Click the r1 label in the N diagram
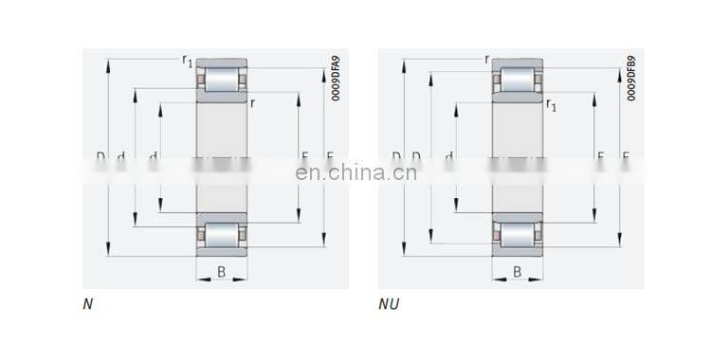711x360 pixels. click(x=187, y=62)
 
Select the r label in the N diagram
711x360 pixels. click(x=253, y=104)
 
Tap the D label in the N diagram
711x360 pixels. click(x=100, y=156)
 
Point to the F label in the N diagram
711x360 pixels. click(x=304, y=156)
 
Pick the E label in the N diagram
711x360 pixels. click(x=329, y=156)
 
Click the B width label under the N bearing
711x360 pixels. click(x=221, y=273)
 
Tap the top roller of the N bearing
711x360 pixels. click(x=222, y=80)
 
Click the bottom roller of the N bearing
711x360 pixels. click(x=222, y=234)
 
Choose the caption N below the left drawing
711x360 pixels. click(x=88, y=305)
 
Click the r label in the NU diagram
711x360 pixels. click(x=487, y=60)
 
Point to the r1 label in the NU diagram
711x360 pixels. click(x=551, y=105)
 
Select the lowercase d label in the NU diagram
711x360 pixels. click(x=448, y=156)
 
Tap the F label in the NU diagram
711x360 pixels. click(x=600, y=156)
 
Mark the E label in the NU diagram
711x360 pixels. click(x=625, y=156)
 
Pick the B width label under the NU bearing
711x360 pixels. click(x=518, y=273)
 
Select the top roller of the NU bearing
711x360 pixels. click(x=518, y=80)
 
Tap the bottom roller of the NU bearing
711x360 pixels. click(x=518, y=234)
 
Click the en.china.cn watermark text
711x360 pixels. click(x=356, y=172)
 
